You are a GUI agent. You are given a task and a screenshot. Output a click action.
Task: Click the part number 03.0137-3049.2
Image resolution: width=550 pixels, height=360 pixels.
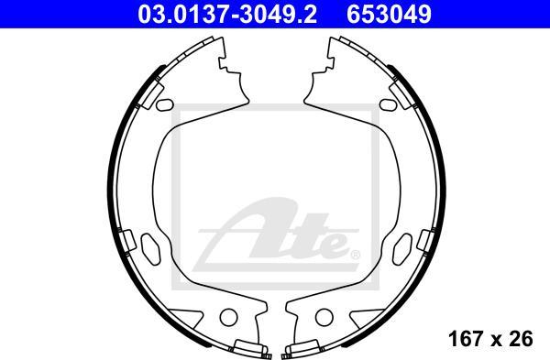tap(227, 15)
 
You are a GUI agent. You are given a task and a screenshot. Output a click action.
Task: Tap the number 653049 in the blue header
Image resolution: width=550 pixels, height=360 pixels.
tap(389, 15)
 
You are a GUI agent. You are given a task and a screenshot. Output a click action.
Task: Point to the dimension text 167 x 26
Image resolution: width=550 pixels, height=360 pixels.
tap(490, 339)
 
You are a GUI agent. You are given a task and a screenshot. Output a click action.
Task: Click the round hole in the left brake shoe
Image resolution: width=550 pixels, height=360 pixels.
tap(228, 317)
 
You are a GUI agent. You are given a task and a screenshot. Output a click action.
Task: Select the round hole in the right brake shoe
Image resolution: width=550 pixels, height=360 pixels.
tap(324, 317)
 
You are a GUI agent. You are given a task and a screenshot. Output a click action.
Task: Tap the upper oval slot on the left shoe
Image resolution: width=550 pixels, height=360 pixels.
tap(164, 104)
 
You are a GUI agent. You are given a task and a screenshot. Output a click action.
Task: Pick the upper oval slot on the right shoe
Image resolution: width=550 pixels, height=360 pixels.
tap(389, 104)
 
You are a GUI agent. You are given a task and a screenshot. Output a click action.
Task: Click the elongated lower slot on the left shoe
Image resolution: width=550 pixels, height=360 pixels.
tap(150, 249)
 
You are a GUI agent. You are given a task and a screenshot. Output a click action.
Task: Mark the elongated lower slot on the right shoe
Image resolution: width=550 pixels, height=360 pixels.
tap(402, 249)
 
